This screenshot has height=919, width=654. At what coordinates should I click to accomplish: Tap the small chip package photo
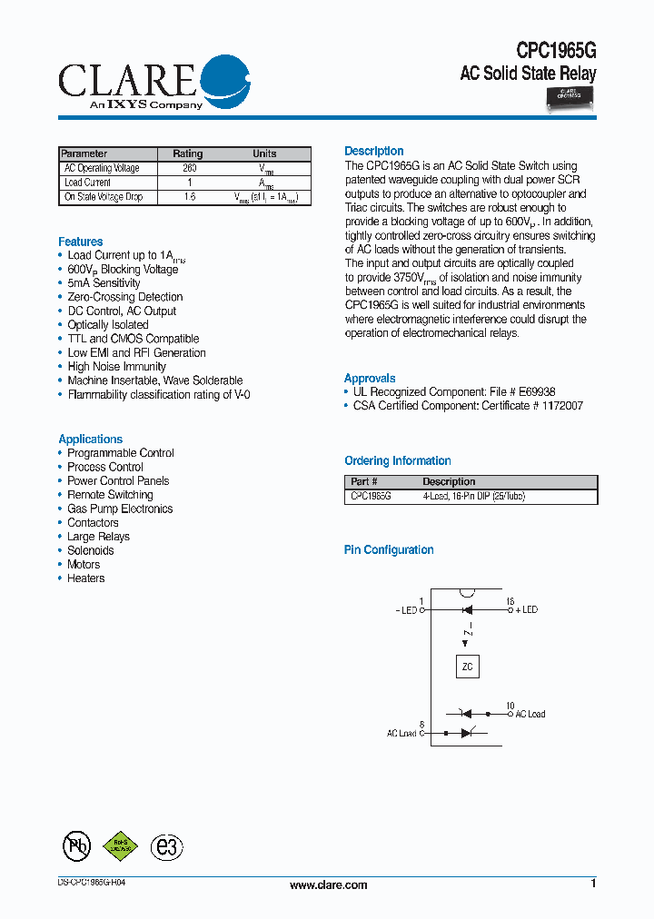click(569, 95)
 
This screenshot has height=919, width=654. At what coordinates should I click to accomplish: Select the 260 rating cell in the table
click(189, 168)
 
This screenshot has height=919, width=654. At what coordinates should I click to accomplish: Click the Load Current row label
click(87, 183)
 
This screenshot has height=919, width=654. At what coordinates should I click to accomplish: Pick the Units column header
click(264, 153)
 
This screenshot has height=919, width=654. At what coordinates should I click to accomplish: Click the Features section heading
click(81, 242)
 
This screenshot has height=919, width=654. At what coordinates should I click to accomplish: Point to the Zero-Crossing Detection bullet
click(124, 297)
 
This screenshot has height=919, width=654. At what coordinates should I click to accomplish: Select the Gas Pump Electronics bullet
click(120, 509)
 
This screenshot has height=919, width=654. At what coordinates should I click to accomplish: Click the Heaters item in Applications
click(85, 578)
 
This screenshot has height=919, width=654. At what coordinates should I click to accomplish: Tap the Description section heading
click(373, 151)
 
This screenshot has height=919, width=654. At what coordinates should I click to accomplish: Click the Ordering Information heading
click(397, 460)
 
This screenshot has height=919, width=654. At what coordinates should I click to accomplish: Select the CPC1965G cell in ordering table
click(371, 497)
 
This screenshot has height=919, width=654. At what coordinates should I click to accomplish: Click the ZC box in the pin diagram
click(467, 667)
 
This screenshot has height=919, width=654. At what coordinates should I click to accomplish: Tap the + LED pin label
click(527, 609)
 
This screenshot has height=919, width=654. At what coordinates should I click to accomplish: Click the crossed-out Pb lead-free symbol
click(76, 846)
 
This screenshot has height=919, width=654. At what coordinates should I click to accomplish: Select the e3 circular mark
click(166, 846)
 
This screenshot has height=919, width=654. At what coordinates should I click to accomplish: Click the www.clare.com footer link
click(328, 885)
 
